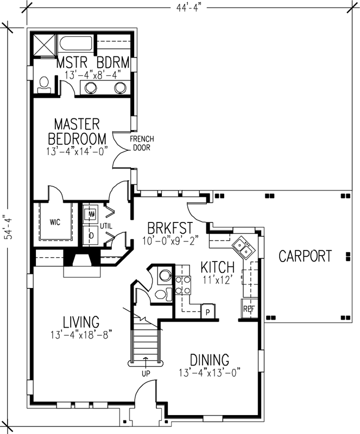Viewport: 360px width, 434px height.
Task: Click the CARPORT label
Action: (305, 256)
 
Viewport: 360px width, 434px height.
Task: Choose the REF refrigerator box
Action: (249, 309)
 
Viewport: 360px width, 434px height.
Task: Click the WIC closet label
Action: (54, 222)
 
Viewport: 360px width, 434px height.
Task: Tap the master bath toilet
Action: (45, 83)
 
